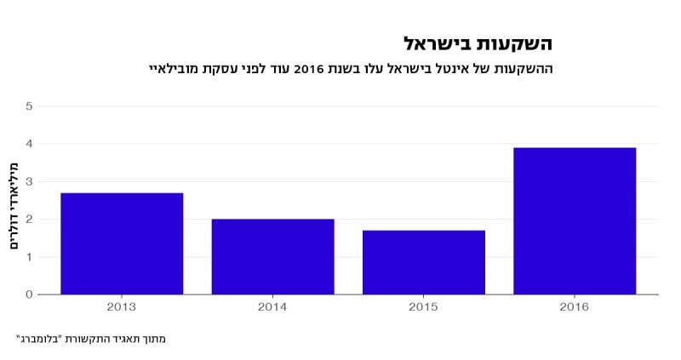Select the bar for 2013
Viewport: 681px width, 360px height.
coord(122,243)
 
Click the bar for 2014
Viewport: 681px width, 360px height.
coord(272,256)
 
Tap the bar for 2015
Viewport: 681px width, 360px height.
coord(423,262)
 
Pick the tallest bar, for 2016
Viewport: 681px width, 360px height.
coord(575,221)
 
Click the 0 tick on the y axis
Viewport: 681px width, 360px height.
coord(29,294)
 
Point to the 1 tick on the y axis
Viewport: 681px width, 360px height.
coord(29,257)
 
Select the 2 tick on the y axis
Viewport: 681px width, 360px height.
coord(29,220)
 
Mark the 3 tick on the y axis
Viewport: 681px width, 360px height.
coord(29,181)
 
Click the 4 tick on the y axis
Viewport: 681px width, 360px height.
coord(29,144)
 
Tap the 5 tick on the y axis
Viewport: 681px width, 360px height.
coord(29,106)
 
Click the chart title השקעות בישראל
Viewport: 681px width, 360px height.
coord(478,43)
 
